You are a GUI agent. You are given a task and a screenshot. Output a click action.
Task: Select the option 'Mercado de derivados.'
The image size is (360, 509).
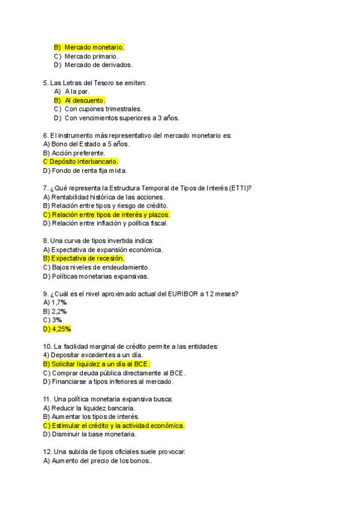tap(98, 65)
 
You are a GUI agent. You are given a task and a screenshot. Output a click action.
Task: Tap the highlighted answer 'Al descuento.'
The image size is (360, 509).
tap(85, 100)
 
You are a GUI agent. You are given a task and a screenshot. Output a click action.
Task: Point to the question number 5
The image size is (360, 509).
tap(46, 82)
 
